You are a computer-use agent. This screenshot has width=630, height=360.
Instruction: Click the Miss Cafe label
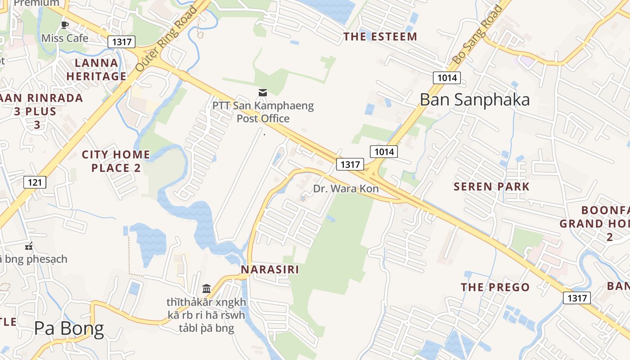coord(65,38)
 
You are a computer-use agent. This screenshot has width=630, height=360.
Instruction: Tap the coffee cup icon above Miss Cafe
coord(65,24)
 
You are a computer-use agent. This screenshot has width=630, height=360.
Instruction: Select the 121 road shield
coord(35,182)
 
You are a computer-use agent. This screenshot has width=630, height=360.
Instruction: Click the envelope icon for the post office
coord(263,93)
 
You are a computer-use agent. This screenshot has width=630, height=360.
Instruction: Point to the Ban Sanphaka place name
coord(475,99)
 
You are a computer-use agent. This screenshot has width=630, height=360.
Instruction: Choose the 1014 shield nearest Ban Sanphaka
coord(447,78)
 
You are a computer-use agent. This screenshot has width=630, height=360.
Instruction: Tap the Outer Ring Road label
coord(166,39)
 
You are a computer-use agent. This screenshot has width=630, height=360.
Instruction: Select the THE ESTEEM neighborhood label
coord(380,37)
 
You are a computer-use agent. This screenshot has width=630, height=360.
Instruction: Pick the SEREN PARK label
coord(491,186)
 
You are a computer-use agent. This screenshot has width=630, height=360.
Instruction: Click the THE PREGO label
coord(495,287)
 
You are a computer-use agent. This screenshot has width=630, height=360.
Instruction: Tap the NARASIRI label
coord(270,270)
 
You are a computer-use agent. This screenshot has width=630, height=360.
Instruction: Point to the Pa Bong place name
coord(69,329)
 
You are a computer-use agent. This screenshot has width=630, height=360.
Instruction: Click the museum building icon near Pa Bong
coord(207,288)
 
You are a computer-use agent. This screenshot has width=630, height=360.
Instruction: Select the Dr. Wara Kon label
coord(346,189)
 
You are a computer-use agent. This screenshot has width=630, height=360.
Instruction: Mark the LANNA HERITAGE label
coord(96,69)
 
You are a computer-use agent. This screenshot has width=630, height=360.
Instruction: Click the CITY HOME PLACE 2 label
coord(116,161)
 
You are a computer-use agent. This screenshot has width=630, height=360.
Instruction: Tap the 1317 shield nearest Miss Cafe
coord(121,42)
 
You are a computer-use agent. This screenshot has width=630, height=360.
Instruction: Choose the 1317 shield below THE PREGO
coord(577,298)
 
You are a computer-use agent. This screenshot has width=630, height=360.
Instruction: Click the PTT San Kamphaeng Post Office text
coord(263,112)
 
